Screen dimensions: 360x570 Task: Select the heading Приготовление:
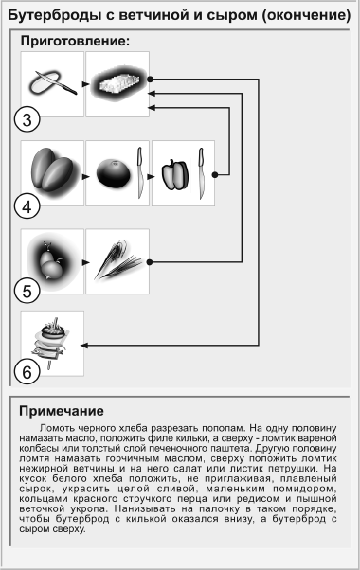coord(75,41)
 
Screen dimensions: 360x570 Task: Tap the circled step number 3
coord(27,119)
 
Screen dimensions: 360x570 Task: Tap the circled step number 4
coord(27,206)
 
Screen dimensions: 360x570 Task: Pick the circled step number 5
coord(27,291)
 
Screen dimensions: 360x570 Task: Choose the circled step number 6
coord(27,372)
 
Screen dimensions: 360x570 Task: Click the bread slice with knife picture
coord(52,83)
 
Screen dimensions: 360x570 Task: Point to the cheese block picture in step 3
coord(117,84)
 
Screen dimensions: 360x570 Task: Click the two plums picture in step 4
coord(54,173)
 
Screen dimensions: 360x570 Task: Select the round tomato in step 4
coord(113,173)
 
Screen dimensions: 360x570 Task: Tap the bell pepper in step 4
coord(175,174)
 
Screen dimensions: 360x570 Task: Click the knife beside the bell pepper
coord(201,173)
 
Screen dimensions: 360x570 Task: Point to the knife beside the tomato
coord(139,172)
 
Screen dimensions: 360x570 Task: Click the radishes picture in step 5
coord(51,261)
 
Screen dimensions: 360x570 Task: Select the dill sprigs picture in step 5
coord(117,259)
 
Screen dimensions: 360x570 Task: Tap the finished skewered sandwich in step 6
coord(51,343)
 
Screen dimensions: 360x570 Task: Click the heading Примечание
coord(62,411)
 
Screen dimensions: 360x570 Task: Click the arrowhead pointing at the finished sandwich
coord(84,345)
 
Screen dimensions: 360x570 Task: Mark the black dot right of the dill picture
coord(150,262)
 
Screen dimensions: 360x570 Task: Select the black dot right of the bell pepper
coord(215,175)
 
